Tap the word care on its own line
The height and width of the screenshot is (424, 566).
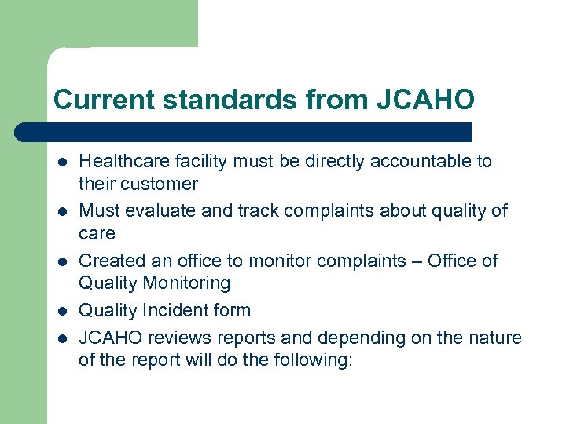(x=97, y=233)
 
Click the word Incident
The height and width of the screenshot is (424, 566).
(x=171, y=310)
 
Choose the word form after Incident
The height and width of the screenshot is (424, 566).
(x=230, y=310)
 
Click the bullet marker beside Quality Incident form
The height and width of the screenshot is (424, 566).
(x=60, y=311)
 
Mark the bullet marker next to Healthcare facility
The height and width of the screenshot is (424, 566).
(x=60, y=163)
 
